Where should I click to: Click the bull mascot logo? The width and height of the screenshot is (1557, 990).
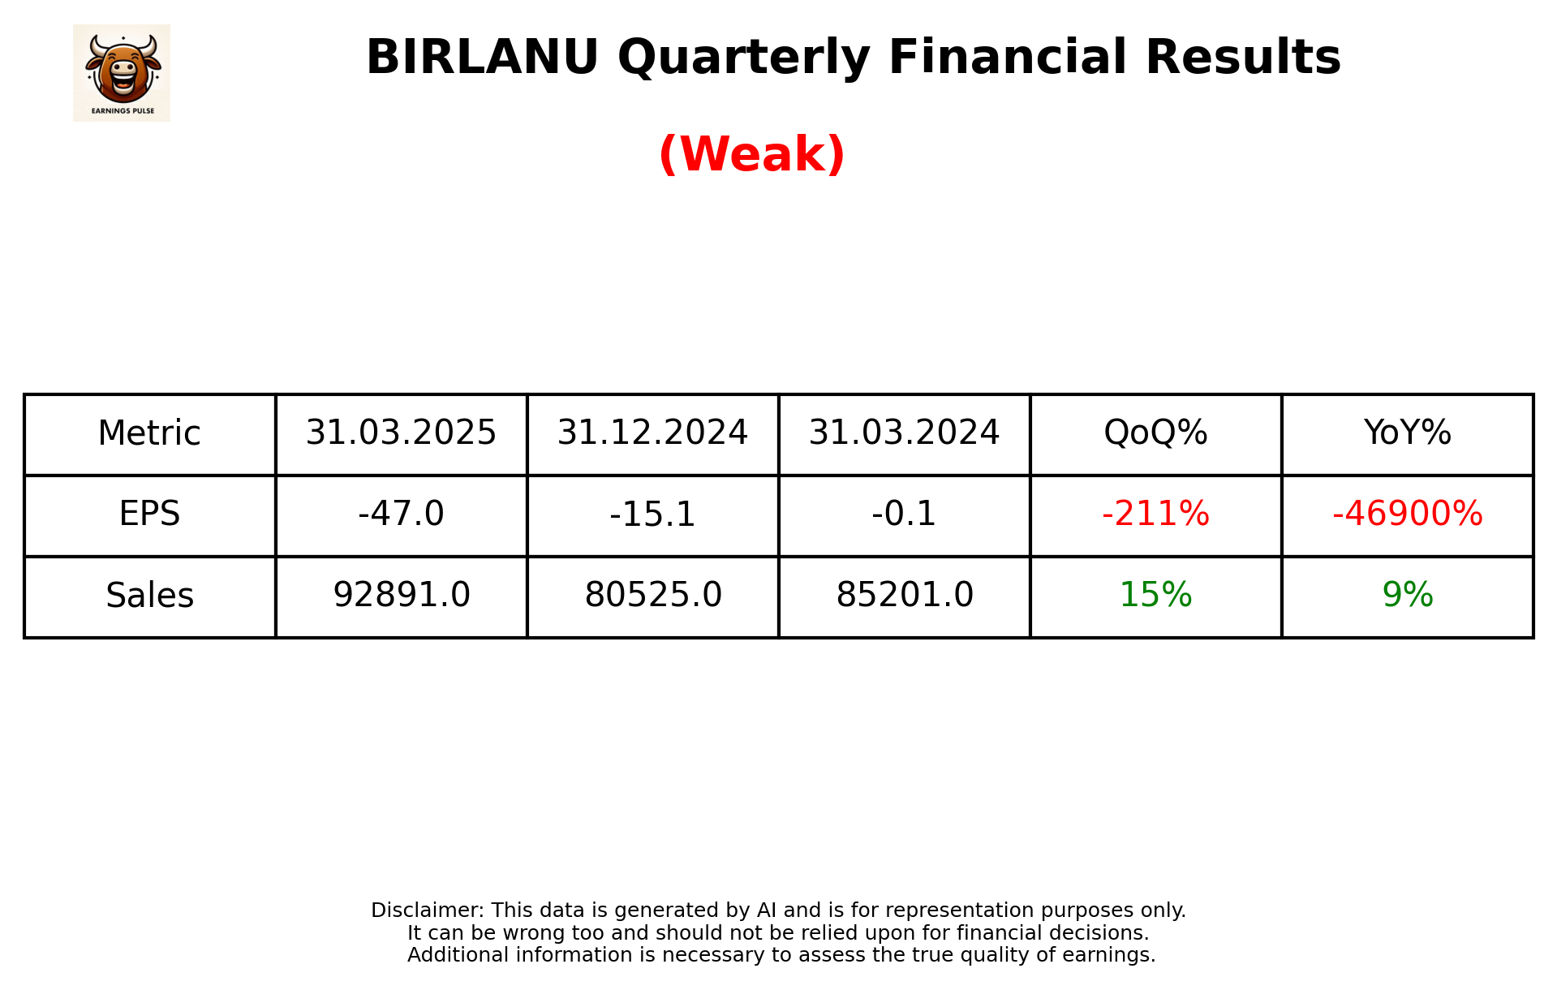coord(122,72)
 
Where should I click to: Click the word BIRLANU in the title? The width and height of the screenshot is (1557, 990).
coord(482,58)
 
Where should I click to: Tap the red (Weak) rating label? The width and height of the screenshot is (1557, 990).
coord(751,154)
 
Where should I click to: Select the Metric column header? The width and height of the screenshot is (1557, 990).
coord(149,433)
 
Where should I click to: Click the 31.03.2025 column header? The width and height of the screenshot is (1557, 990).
coord(401,433)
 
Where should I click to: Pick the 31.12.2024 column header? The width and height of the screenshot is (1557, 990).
coord(652,433)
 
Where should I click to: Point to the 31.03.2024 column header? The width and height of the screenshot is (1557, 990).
coord(904,433)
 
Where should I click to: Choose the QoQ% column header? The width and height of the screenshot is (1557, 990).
coord(1155,433)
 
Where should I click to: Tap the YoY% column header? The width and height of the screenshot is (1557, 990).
coord(1407,433)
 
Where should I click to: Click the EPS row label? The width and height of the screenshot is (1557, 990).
coord(149,514)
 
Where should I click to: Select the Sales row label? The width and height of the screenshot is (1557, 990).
coord(149,596)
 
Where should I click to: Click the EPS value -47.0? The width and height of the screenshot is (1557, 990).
coord(401,514)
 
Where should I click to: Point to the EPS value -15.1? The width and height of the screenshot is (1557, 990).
coord(652,514)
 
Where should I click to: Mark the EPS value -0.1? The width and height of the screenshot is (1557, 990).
coord(904,514)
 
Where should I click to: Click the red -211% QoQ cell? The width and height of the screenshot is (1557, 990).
coord(1155,514)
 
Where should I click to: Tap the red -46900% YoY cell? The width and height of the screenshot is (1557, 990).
coord(1407,514)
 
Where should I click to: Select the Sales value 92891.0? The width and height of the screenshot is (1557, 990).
coord(401,596)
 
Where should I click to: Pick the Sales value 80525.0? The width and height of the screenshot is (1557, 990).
coord(652,596)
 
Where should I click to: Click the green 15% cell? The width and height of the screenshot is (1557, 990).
coord(1155,596)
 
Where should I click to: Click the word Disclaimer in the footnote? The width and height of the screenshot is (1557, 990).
coord(427,910)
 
